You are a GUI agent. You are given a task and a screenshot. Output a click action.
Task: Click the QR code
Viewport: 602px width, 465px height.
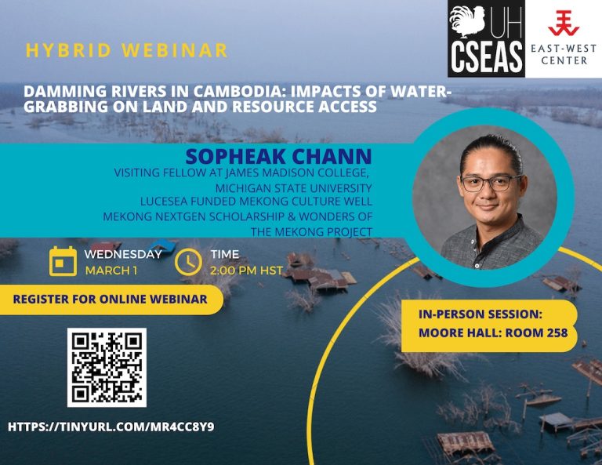107,368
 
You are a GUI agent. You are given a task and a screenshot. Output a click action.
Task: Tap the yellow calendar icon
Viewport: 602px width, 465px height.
63,261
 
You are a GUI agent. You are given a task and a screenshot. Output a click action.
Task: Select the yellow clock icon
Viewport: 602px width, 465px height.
188,262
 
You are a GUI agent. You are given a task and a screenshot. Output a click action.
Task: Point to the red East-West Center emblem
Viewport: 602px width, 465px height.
564,23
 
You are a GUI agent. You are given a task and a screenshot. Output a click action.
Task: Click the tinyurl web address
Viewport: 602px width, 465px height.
111,427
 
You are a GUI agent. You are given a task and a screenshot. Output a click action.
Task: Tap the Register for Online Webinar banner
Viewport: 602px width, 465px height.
111,299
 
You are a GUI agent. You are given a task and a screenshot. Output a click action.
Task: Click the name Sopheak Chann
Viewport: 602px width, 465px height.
279,156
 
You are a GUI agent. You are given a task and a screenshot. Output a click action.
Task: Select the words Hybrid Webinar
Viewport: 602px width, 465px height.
127,51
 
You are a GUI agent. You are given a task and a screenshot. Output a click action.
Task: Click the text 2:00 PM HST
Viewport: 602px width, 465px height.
246,271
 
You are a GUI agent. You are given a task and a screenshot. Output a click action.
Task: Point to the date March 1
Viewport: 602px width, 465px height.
111,271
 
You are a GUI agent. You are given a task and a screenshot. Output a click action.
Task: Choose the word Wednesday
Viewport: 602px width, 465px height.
123,254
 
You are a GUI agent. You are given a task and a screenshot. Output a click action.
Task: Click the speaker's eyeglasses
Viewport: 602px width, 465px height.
491,183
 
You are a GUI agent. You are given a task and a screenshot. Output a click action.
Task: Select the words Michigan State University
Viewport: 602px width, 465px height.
293,188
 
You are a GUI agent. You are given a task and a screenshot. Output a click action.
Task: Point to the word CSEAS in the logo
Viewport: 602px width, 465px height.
487,57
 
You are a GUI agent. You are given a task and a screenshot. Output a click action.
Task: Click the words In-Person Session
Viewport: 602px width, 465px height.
480,314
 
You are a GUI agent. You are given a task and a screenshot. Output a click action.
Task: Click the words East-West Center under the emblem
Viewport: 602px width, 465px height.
564,54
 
